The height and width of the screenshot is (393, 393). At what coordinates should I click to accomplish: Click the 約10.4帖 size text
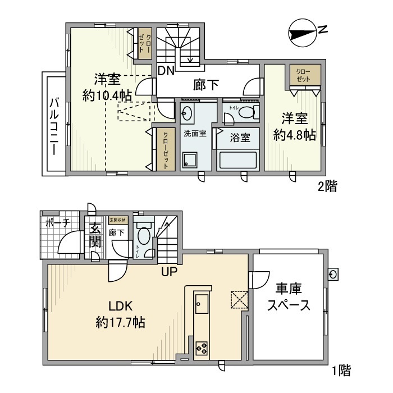click(x=104, y=95)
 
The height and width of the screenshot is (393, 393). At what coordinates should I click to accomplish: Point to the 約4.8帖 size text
click(x=294, y=135)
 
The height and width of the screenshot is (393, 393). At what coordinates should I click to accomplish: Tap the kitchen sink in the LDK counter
click(x=202, y=306)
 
